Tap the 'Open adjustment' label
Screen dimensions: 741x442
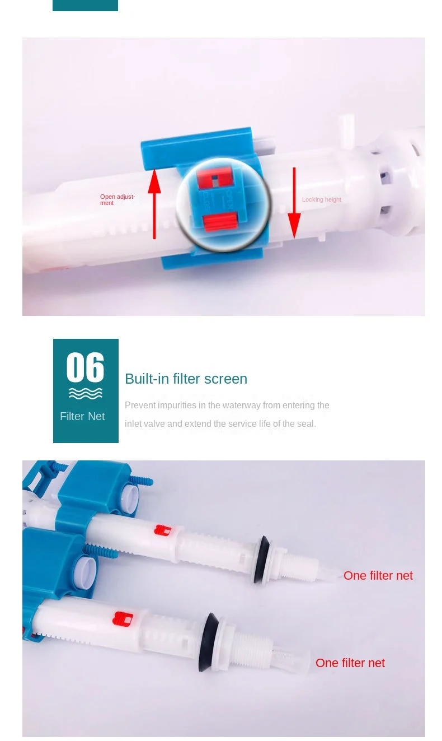(x=117, y=199)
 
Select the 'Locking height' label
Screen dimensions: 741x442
(x=321, y=199)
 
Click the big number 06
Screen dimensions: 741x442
(x=85, y=367)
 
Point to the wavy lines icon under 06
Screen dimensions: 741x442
(x=85, y=394)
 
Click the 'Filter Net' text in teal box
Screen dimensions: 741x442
(x=82, y=416)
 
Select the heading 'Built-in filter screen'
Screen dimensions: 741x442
(x=186, y=379)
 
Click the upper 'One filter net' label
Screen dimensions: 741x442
(x=378, y=575)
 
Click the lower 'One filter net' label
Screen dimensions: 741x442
(x=350, y=663)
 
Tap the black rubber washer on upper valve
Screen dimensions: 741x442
(x=261, y=560)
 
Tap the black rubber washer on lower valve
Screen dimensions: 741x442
(x=209, y=642)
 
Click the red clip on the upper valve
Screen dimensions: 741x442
(x=163, y=530)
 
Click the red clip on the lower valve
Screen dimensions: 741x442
(x=123, y=619)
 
